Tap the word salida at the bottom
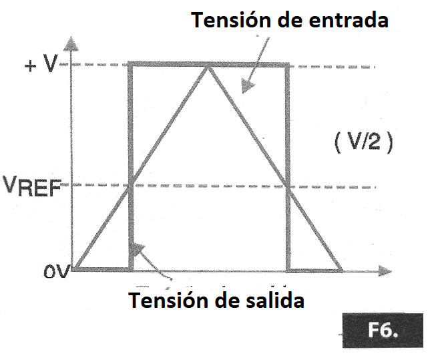point(274,300)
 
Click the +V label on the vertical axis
point(41,63)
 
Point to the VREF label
point(31,186)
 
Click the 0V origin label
point(56,272)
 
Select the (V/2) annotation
point(364,142)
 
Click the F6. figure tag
point(383,330)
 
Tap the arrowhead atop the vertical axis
point(71,44)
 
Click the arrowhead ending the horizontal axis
point(385,271)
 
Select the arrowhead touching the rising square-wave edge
point(138,248)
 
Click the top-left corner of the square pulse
point(130,64)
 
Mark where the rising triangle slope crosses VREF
point(131,185)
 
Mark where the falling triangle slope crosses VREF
point(287,186)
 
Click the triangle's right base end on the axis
point(341,271)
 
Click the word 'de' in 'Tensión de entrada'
point(290,20)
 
